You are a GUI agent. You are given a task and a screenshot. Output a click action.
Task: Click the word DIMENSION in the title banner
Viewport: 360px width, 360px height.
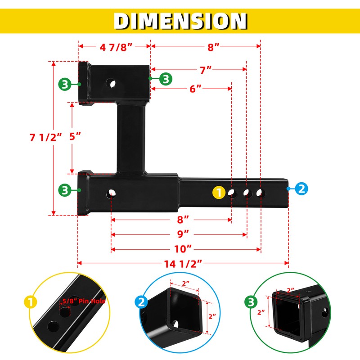[180, 21]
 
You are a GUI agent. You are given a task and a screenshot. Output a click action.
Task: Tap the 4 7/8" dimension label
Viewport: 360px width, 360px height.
[114, 46]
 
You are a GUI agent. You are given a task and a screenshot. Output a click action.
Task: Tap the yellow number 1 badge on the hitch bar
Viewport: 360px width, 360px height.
[218, 193]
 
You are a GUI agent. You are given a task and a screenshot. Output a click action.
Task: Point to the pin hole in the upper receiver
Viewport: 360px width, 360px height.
[111, 84]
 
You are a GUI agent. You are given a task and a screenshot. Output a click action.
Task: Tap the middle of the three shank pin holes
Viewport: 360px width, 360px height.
[247, 193]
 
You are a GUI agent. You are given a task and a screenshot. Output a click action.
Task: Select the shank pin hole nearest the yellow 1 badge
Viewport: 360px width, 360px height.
[232, 193]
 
